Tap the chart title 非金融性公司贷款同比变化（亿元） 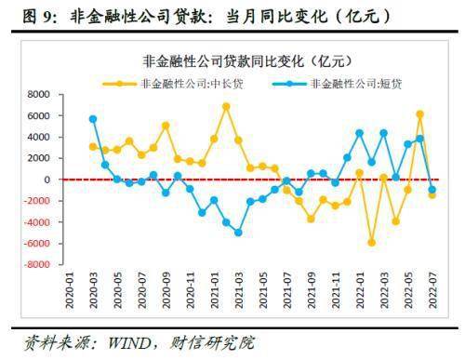click(245, 60)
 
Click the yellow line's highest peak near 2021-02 click(226, 106)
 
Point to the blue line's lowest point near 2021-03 click(238, 233)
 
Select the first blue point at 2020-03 click(93, 119)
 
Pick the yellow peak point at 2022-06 click(419, 114)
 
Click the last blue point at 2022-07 click(432, 190)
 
